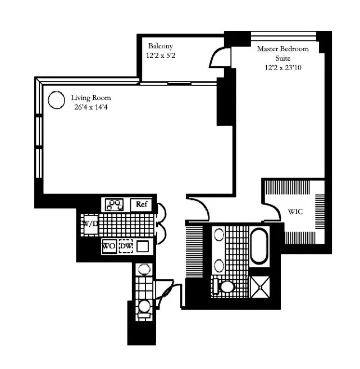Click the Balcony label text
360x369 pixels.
pos(161,46)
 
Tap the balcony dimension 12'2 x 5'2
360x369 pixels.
pos(161,56)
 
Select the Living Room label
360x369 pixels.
pos(90,98)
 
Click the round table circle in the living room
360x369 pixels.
pos(56,99)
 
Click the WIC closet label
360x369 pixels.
pos(296,212)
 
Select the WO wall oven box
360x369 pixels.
pos(109,246)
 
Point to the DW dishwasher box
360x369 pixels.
pos(126,246)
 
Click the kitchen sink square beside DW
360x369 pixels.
pos(144,245)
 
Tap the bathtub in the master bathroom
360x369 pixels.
pos(259,246)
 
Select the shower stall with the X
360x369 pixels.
pos(259,286)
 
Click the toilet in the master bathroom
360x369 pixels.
pos(226,286)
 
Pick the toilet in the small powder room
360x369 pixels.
pos(144,307)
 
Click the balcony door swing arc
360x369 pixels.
pos(217,56)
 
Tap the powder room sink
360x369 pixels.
pos(144,269)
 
